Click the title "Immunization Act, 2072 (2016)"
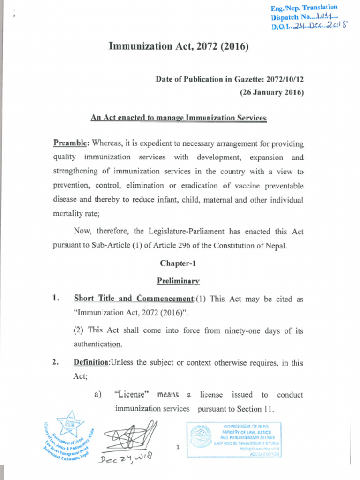179,46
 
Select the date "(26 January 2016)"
272,92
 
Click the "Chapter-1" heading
178,263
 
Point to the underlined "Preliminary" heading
178,281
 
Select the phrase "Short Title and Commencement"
134,299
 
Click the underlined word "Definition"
91,362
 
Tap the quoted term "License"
132,395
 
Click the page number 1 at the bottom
178,447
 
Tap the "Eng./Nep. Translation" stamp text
304,8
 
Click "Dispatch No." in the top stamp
289,17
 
